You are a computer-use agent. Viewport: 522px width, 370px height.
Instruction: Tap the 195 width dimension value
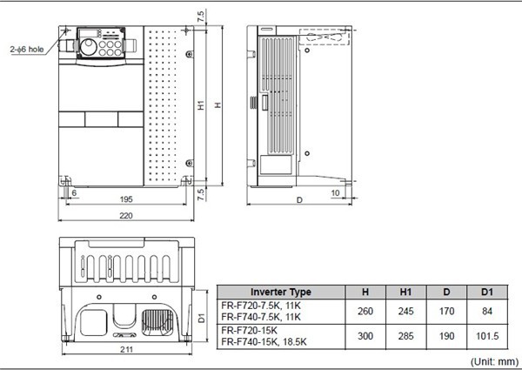click(x=127, y=199)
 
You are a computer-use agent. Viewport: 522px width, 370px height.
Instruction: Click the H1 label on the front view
click(x=201, y=105)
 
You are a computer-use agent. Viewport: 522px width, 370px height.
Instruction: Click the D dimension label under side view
click(x=299, y=199)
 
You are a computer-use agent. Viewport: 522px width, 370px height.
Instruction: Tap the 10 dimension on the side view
click(x=334, y=192)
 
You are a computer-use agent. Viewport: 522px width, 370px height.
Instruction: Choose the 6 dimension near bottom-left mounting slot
click(x=74, y=192)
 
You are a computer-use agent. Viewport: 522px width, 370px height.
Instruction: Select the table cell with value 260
click(x=363, y=311)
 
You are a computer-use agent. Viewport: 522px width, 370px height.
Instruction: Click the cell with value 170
click(x=445, y=311)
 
